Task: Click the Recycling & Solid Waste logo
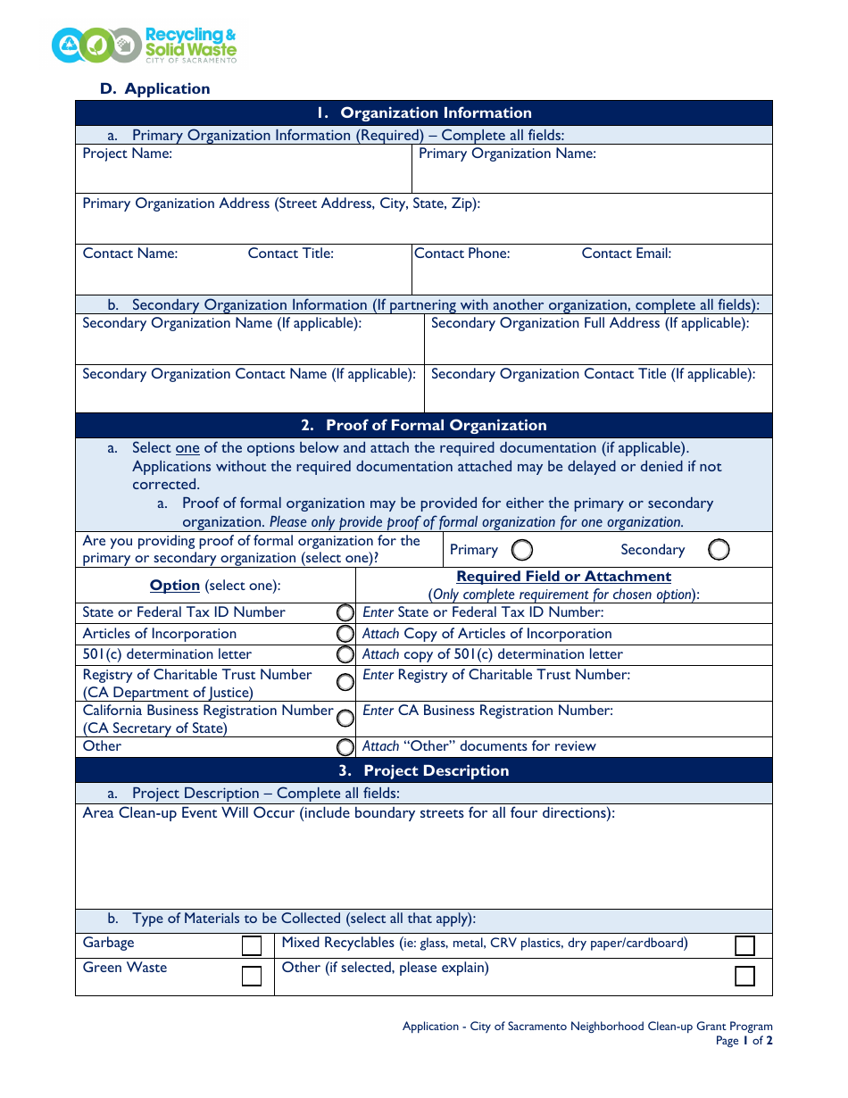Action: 144,45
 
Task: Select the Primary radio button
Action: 522,549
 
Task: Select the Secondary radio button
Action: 719,549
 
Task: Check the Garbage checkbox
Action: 252,945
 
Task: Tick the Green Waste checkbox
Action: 252,976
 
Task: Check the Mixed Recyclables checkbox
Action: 744,945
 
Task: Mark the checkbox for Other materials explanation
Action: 744,976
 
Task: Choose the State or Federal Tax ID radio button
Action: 345,612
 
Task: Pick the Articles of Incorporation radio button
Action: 345,634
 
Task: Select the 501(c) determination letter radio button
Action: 345,654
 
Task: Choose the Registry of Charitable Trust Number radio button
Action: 345,683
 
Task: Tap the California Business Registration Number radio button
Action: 345,718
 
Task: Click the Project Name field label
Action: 128,154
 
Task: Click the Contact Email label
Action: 626,254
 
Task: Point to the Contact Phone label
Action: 462,254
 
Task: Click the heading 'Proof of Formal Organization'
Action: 424,425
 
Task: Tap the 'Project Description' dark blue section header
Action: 424,770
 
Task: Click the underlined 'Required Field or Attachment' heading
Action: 563,577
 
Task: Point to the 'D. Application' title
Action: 155,88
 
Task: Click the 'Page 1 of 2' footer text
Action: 744,1041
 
